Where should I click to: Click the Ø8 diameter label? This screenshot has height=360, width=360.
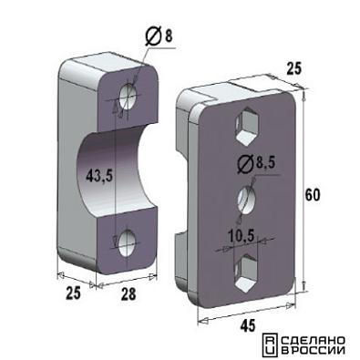click(x=159, y=36)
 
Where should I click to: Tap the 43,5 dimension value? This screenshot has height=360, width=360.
click(x=99, y=176)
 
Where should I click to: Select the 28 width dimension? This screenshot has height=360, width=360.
click(x=129, y=293)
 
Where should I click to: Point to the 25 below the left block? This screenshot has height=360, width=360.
click(x=74, y=293)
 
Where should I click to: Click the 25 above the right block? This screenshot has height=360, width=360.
click(x=293, y=69)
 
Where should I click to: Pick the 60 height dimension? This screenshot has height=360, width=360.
click(x=313, y=195)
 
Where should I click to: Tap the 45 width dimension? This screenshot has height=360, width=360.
click(x=248, y=326)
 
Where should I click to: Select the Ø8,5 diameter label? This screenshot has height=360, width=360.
click(x=255, y=164)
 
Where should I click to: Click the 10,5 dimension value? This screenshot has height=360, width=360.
click(x=242, y=236)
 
